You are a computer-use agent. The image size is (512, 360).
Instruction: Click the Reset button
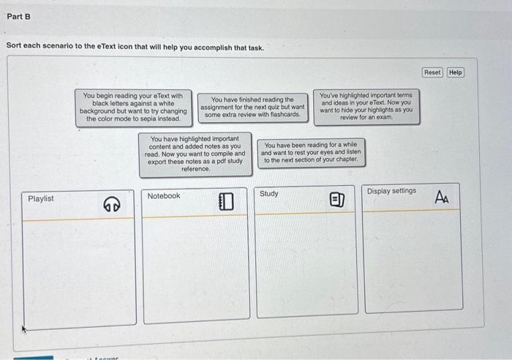432,72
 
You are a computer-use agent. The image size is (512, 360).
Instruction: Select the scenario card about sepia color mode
133,107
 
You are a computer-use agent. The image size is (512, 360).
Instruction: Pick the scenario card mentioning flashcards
252,107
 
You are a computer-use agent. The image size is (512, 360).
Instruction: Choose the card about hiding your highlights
366,106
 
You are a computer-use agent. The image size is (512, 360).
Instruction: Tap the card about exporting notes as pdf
195,154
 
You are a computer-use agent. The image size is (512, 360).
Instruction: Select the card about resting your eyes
311,152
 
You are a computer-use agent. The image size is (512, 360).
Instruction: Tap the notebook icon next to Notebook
225,200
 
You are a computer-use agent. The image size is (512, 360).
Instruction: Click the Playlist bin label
41,199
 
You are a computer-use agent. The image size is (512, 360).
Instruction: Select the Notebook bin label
164,196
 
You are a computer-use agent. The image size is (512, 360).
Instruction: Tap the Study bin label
269,194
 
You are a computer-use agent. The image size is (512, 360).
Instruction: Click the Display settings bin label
391,191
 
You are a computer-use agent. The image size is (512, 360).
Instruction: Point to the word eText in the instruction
98,48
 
